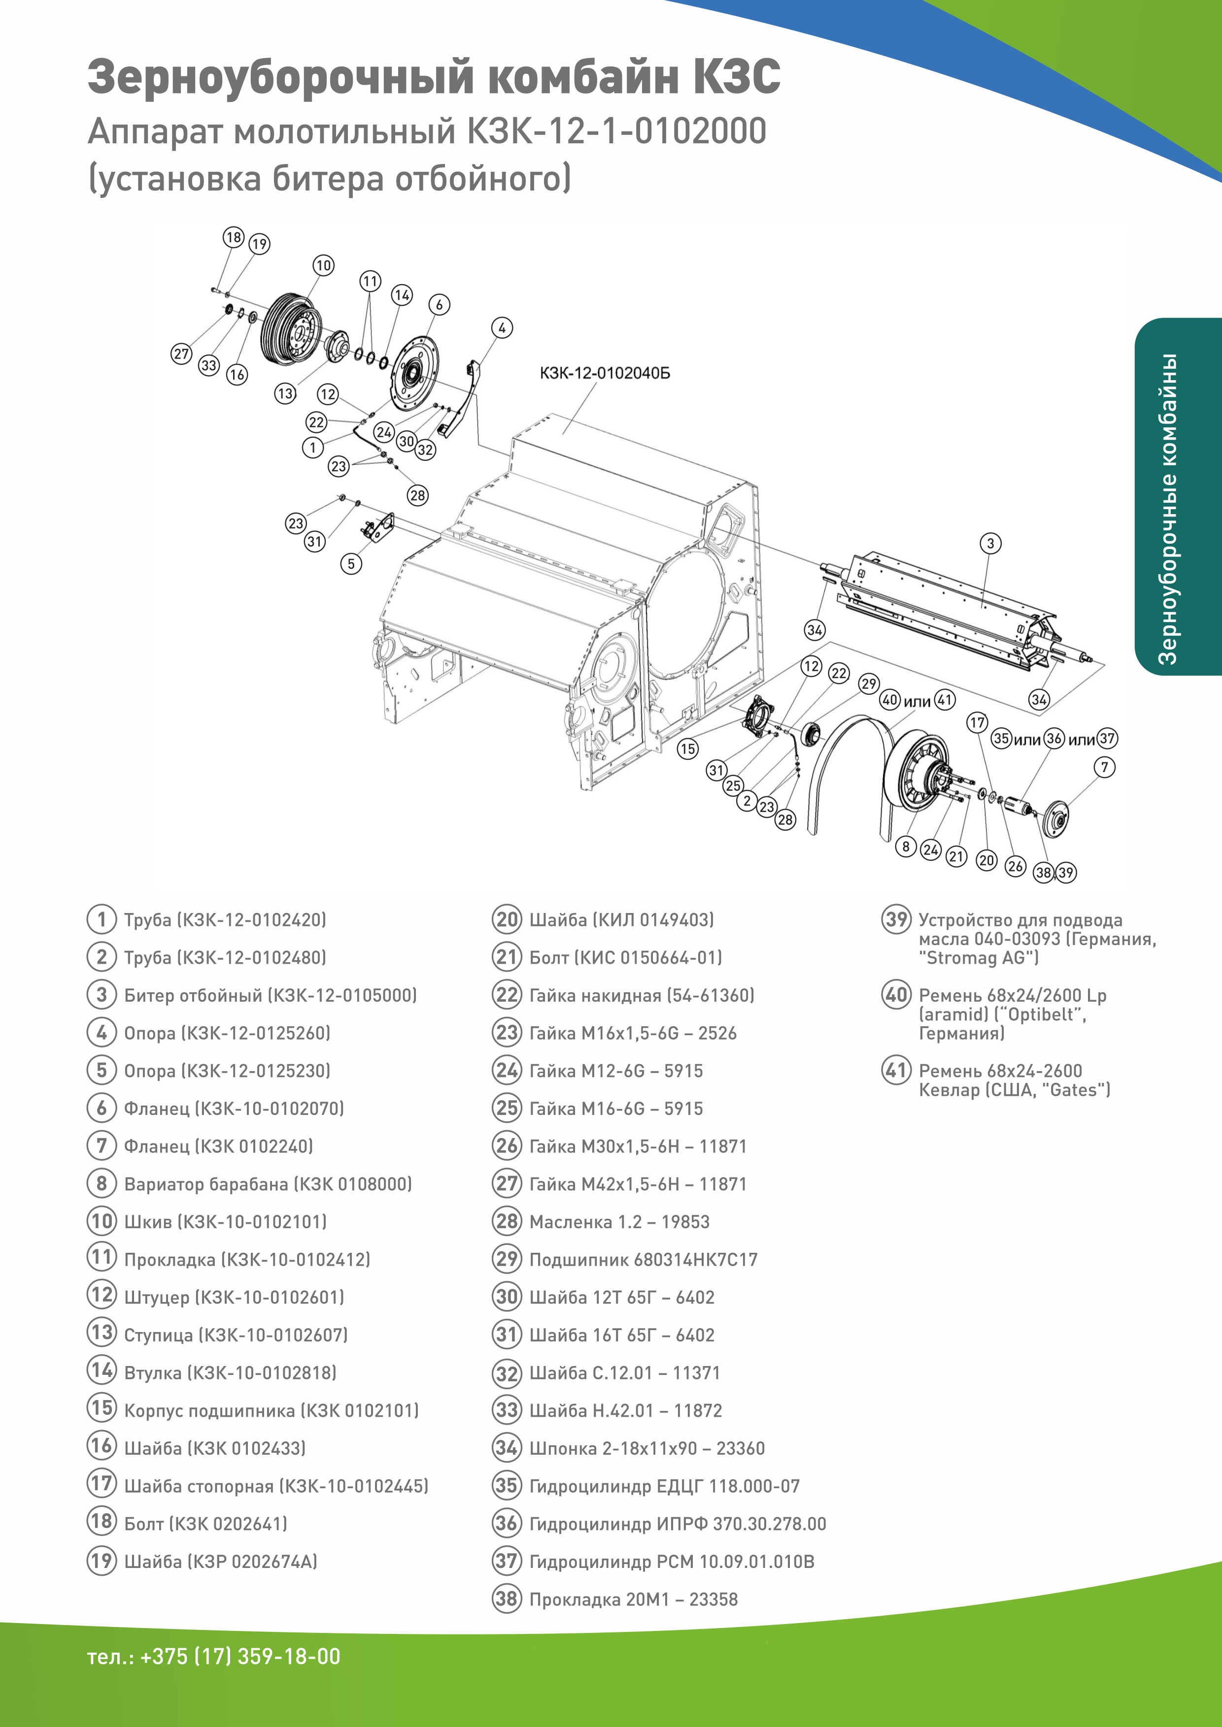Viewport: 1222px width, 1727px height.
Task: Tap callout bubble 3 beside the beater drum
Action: coord(990,543)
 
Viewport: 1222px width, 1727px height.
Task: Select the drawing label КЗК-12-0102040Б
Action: coord(604,373)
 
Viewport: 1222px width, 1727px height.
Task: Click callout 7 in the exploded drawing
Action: coord(1104,767)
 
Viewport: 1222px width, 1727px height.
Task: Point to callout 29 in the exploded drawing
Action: coord(869,683)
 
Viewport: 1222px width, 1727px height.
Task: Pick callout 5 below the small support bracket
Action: coord(351,563)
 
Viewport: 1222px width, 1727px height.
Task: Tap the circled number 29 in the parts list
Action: coord(507,1259)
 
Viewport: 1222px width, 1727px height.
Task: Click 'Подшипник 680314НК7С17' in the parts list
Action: coord(644,1260)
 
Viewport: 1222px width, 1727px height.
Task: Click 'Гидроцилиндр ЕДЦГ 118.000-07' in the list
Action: coord(664,1486)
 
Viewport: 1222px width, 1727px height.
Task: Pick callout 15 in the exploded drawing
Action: coord(687,749)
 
